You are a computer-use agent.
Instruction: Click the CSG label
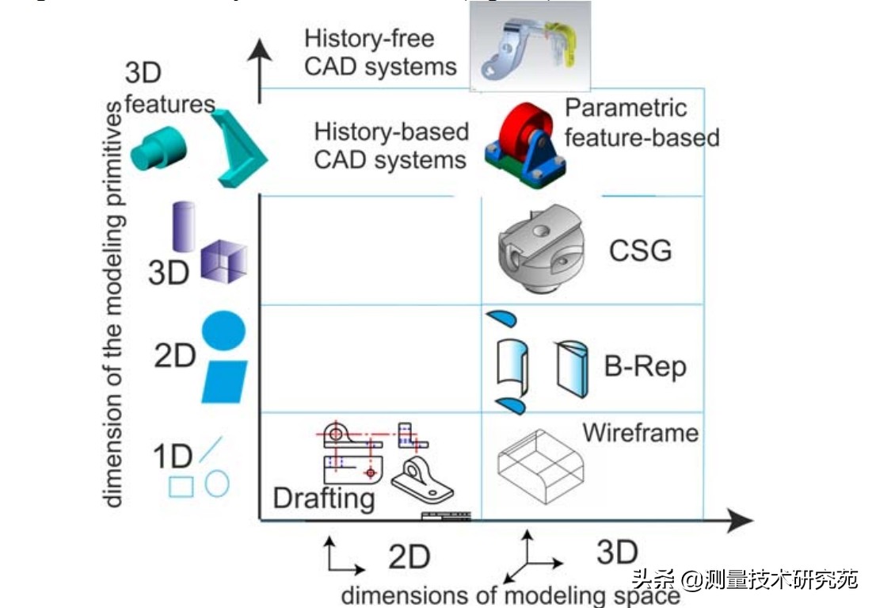pos(640,250)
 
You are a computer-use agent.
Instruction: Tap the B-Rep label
pos(645,366)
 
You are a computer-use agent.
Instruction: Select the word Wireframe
pos(641,433)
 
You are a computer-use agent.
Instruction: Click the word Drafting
pos(323,498)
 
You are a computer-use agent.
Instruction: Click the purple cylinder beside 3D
pos(184,225)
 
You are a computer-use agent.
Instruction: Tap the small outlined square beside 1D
pos(181,486)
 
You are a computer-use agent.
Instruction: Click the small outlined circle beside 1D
pos(217,483)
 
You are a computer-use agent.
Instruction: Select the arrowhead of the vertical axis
pos(261,55)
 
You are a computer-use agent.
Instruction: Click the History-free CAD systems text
pos(380,53)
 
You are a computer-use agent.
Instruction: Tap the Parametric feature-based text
pos(642,123)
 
